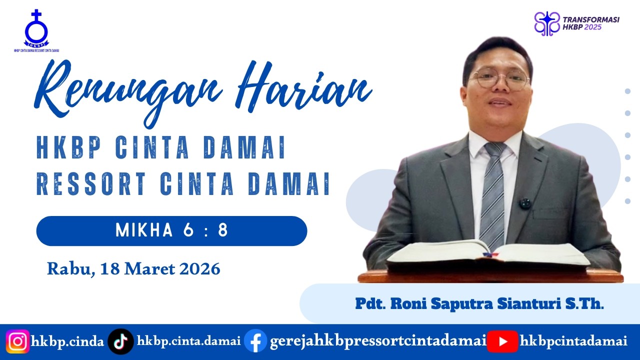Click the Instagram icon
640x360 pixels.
pyautogui.click(x=18, y=342)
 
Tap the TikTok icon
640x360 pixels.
pyautogui.click(x=120, y=342)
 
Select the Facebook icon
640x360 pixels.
pyautogui.click(x=255, y=342)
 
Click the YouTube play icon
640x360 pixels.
pyautogui.click(x=502, y=342)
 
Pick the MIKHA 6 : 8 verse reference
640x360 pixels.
pyautogui.click(x=171, y=230)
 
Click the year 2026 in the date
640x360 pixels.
pyautogui.click(x=199, y=269)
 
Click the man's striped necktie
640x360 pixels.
pyautogui.click(x=492, y=195)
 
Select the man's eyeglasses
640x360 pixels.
pyautogui.click(x=500, y=79)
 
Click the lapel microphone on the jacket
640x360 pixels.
pyautogui.click(x=524, y=203)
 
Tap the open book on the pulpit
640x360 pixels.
pyautogui.click(x=487, y=252)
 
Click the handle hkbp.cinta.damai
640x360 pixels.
pyautogui.click(x=188, y=342)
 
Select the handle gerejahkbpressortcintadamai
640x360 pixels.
pyautogui.click(x=378, y=342)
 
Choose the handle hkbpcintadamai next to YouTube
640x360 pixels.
pyautogui.click(x=573, y=342)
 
